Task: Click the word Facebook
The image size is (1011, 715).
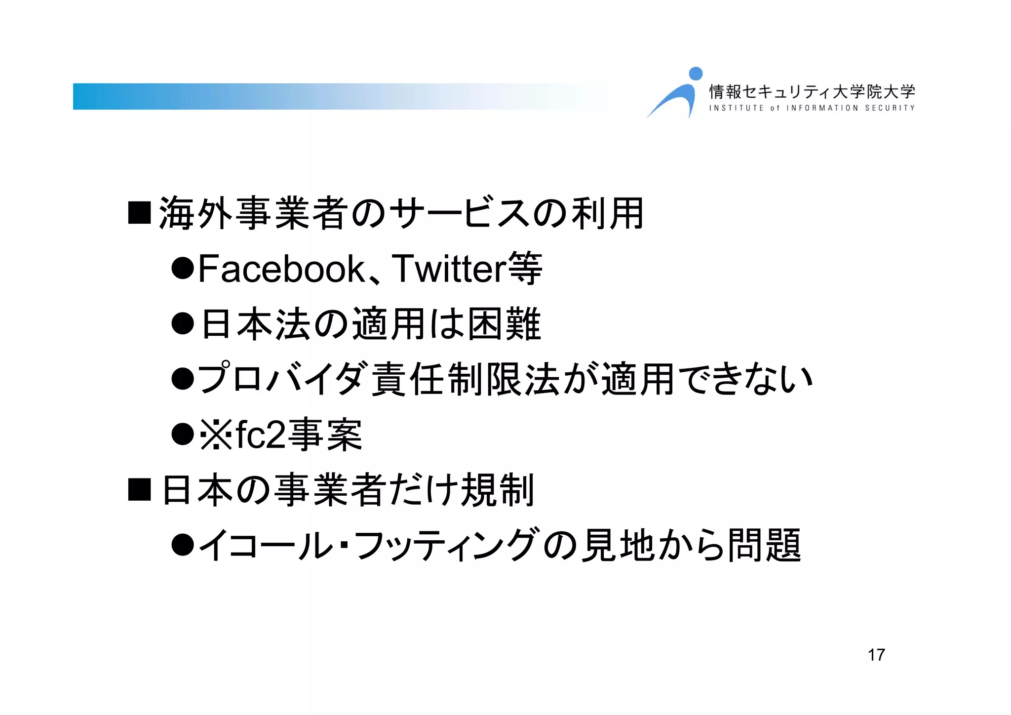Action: pyautogui.click(x=281, y=269)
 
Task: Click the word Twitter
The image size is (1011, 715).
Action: pyautogui.click(x=449, y=269)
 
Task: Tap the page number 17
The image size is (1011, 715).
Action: pyautogui.click(x=876, y=655)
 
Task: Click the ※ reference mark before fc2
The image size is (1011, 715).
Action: pyautogui.click(x=216, y=435)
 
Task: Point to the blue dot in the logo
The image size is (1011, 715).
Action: pyautogui.click(x=696, y=74)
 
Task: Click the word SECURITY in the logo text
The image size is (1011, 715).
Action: pyautogui.click(x=890, y=108)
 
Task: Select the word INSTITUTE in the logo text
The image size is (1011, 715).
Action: pyautogui.click(x=736, y=108)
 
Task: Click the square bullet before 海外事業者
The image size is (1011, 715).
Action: pyautogui.click(x=139, y=213)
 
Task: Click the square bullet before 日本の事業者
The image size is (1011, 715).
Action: pyautogui.click(x=139, y=489)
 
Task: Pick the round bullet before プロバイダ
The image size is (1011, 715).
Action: pyautogui.click(x=183, y=379)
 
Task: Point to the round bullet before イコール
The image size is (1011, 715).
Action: pyautogui.click(x=183, y=545)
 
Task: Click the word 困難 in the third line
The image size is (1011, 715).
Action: pyautogui.click(x=504, y=324)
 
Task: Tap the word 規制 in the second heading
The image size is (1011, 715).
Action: pyautogui.click(x=497, y=490)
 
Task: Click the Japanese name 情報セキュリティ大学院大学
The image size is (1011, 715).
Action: pyautogui.click(x=812, y=91)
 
